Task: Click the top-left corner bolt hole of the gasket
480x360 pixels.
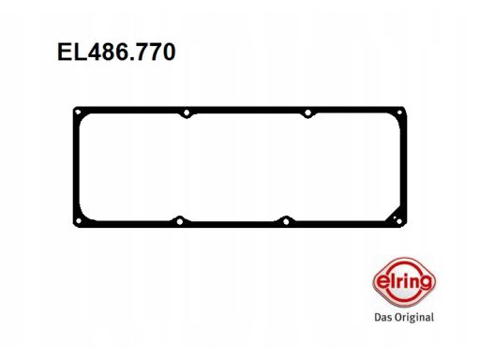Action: [x=78, y=112]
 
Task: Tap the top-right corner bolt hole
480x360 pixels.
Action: [x=399, y=112]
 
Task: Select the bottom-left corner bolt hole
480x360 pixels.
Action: [x=79, y=221]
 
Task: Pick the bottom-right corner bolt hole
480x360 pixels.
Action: [x=398, y=221]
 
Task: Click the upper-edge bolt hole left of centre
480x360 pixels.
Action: [x=187, y=112]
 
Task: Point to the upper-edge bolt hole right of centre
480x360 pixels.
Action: [x=307, y=112]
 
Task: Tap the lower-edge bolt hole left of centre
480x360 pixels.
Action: [x=180, y=221]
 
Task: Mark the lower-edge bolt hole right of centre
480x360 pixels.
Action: [x=286, y=221]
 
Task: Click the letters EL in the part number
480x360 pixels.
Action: [x=72, y=52]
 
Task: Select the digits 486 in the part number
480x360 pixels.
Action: [x=108, y=52]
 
